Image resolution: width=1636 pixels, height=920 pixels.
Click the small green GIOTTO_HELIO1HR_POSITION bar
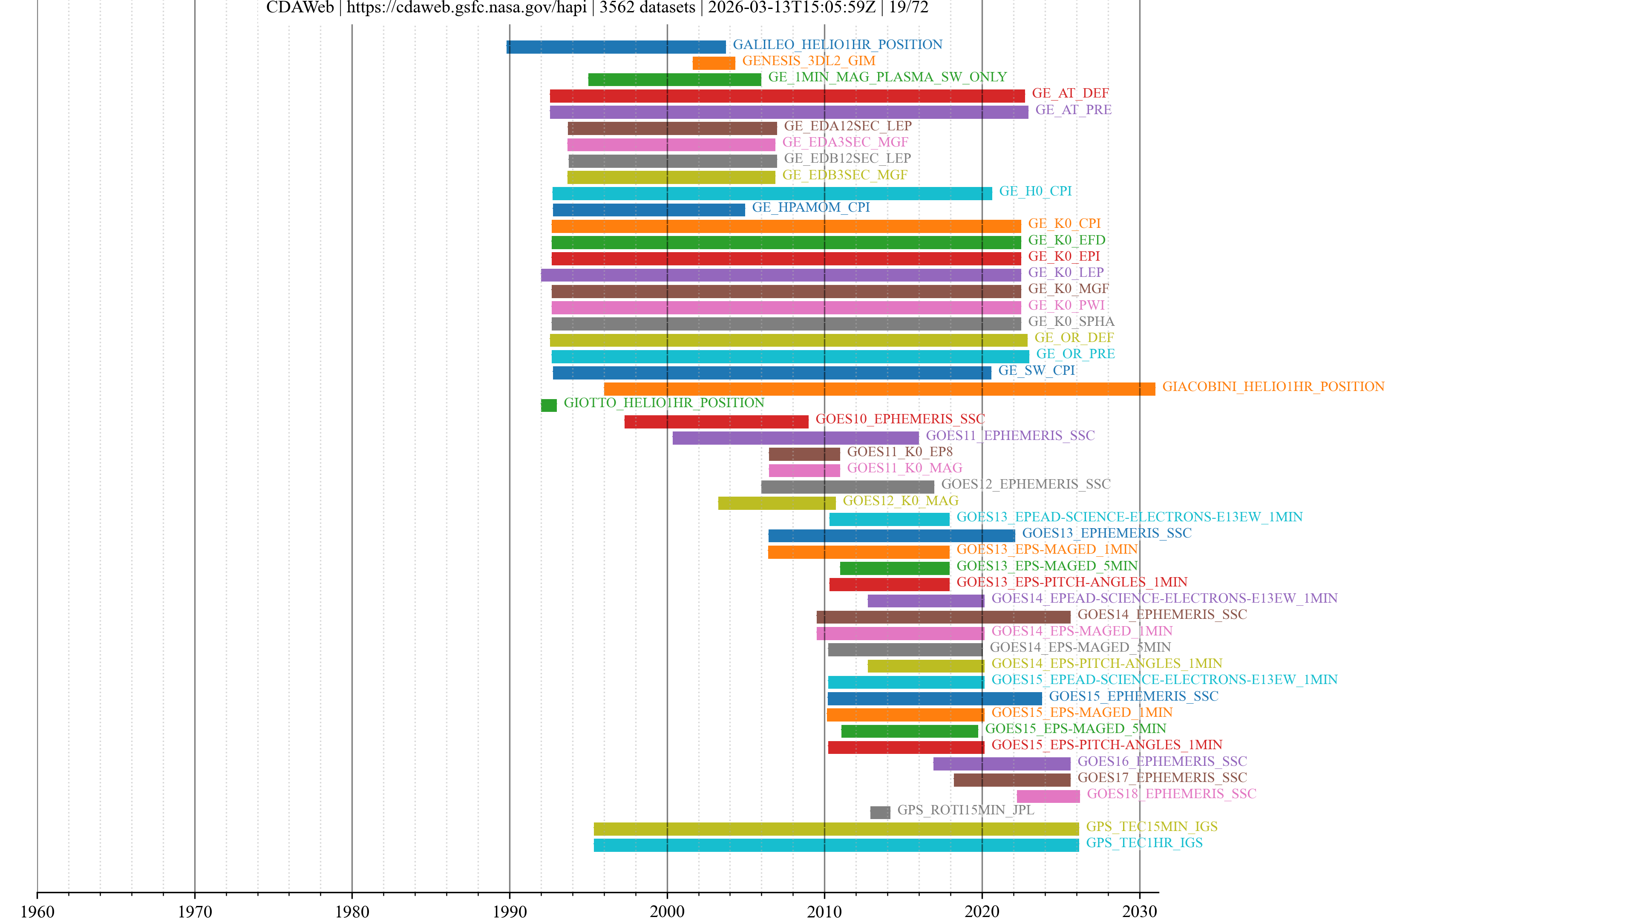click(549, 405)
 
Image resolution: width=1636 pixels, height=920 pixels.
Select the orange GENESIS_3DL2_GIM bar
click(713, 63)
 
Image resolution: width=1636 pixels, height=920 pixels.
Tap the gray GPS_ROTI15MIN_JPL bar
click(880, 812)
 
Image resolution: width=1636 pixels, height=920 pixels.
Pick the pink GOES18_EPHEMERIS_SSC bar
click(1048, 796)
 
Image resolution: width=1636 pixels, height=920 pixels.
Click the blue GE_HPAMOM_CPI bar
click(648, 210)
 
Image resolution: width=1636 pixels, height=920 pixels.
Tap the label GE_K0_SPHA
click(1071, 321)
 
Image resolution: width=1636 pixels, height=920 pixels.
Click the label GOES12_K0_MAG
click(900, 500)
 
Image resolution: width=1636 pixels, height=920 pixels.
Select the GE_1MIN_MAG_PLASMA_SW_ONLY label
click(887, 77)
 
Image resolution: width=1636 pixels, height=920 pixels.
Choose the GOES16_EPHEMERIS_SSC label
click(1161, 761)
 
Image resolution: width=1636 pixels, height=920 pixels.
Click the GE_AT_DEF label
click(1070, 93)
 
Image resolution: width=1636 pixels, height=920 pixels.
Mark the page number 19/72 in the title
click(908, 8)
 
